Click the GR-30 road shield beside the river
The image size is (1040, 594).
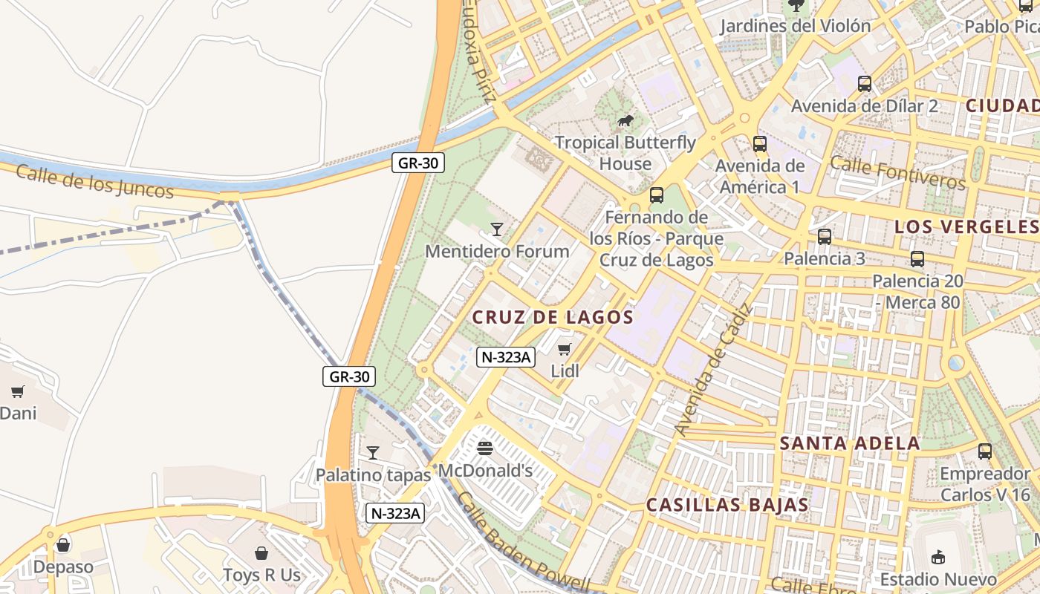tap(418, 163)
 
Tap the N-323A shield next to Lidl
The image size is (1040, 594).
tap(506, 357)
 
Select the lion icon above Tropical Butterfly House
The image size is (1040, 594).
tap(625, 120)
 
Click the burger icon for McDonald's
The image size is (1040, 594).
tap(485, 448)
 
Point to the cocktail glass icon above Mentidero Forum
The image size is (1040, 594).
tap(497, 229)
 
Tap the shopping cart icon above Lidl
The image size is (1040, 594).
tap(565, 349)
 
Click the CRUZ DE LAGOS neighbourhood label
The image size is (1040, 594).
tap(553, 317)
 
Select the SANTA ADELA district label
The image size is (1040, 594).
tap(850, 444)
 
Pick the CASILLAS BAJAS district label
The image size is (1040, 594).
tap(727, 505)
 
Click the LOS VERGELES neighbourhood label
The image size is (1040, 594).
tap(966, 226)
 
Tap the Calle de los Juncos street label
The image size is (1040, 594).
tap(94, 181)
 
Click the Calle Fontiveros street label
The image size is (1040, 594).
tap(897, 172)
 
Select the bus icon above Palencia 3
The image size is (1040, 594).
tap(825, 237)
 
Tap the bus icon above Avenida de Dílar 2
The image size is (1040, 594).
tap(865, 83)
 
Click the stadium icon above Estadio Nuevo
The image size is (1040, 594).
tap(938, 557)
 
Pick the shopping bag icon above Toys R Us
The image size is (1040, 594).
tap(261, 553)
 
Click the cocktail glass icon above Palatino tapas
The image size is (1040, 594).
tap(373, 452)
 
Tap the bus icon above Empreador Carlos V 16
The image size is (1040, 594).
tap(985, 451)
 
